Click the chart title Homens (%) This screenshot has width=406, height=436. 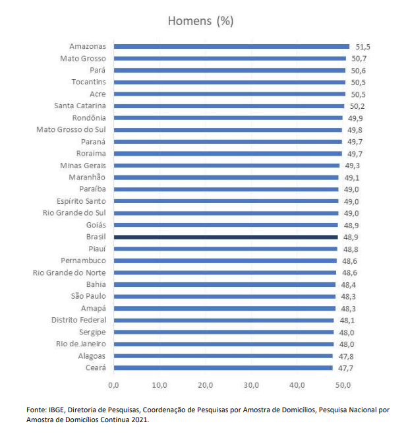[201, 20]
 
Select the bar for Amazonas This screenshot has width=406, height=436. [231, 46]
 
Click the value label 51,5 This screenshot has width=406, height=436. [363, 46]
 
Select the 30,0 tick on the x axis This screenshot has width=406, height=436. [251, 385]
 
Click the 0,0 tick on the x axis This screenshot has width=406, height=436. [113, 385]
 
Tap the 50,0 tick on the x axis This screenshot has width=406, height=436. [343, 385]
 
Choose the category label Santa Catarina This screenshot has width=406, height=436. [80, 106]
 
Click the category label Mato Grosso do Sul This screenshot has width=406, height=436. [71, 129]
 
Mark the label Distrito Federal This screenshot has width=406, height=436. [79, 320]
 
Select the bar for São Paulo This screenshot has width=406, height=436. [224, 296]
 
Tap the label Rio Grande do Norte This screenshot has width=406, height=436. [69, 272]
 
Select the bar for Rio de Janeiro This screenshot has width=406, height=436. [223, 344]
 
